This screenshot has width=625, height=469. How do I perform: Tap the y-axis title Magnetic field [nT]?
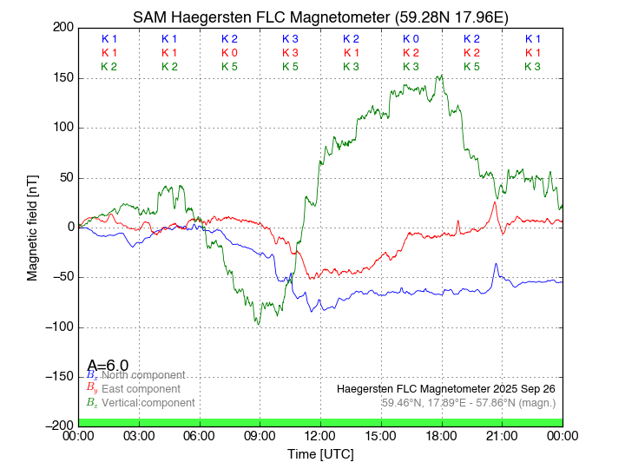[32, 227]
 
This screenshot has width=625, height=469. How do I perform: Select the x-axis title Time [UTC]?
[320, 454]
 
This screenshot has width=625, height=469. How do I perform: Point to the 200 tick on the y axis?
[62, 28]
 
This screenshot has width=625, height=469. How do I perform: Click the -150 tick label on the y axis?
[58, 376]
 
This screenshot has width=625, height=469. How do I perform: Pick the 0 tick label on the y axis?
[69, 227]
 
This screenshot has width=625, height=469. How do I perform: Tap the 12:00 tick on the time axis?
[320, 435]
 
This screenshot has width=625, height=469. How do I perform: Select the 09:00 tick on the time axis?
[260, 435]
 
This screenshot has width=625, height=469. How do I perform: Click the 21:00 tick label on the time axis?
[502, 435]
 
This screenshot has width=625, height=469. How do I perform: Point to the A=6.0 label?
[108, 365]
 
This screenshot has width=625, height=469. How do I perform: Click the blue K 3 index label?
[290, 39]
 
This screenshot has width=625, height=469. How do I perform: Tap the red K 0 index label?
[229, 53]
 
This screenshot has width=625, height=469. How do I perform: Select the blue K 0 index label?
[411, 39]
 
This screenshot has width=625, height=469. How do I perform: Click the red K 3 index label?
[290, 53]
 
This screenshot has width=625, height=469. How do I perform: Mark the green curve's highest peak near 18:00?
[441, 75]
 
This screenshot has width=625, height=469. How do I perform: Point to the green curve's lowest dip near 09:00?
[258, 324]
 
